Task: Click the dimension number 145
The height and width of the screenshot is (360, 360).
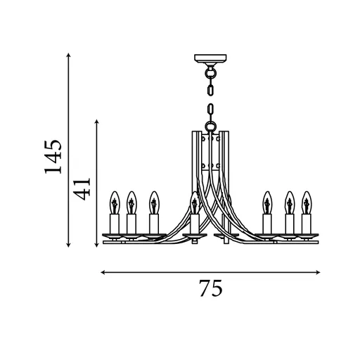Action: pos(53,155)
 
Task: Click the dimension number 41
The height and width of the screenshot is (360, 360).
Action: pos(84,188)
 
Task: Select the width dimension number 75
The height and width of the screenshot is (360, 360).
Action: pos(211,288)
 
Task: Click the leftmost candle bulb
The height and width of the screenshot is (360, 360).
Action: pos(115,203)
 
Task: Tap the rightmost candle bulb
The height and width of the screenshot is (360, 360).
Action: pos(306,203)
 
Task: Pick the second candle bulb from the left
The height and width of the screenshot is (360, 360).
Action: pos(131,203)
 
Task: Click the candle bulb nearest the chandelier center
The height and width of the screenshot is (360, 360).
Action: pos(194,204)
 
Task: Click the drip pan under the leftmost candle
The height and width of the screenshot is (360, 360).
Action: pos(115,234)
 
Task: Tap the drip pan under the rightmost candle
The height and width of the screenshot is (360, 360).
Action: pos(306,234)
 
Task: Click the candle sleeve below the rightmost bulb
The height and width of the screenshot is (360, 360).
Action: pos(306,223)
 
